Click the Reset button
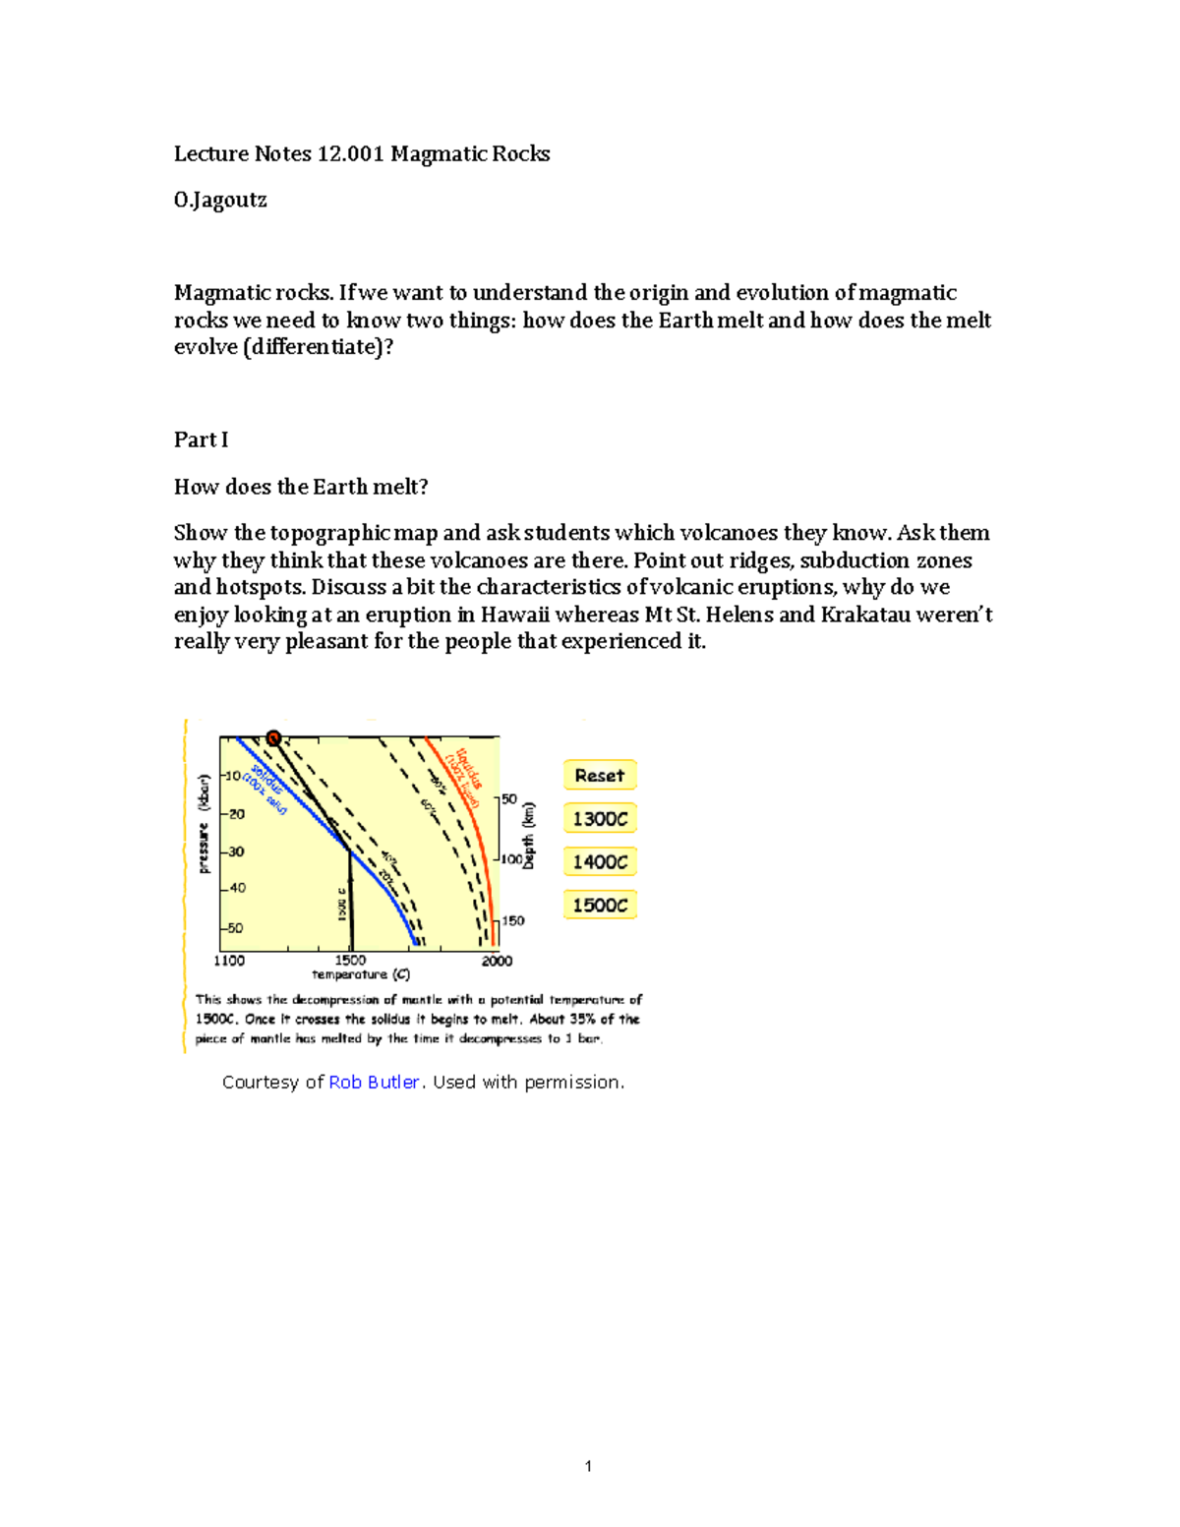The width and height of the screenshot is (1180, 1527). (600, 775)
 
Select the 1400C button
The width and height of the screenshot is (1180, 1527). (600, 861)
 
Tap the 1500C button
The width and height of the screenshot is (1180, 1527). (600, 905)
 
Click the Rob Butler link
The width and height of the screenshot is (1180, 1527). (375, 1082)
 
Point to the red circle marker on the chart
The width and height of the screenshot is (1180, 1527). (273, 738)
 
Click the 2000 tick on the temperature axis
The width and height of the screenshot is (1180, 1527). (497, 961)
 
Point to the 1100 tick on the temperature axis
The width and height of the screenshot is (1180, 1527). (229, 961)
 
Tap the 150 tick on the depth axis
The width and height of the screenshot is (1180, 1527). (513, 920)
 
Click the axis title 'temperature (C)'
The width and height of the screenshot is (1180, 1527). (361, 974)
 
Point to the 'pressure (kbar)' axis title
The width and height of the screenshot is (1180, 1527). (204, 824)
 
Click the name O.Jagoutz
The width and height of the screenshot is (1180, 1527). (220, 200)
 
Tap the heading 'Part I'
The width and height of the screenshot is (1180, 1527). (201, 440)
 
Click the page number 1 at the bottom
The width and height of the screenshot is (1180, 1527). (588, 1466)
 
